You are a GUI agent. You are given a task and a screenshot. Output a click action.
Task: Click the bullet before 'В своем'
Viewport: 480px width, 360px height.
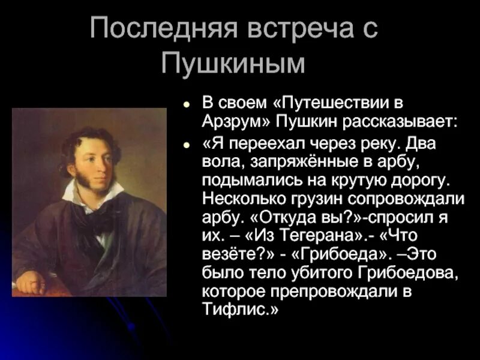[x=188, y=103]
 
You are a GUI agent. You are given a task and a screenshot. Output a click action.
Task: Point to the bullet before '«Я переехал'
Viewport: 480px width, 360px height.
[x=188, y=145]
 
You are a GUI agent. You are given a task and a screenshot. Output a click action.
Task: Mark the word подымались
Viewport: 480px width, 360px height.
[x=241, y=179]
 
